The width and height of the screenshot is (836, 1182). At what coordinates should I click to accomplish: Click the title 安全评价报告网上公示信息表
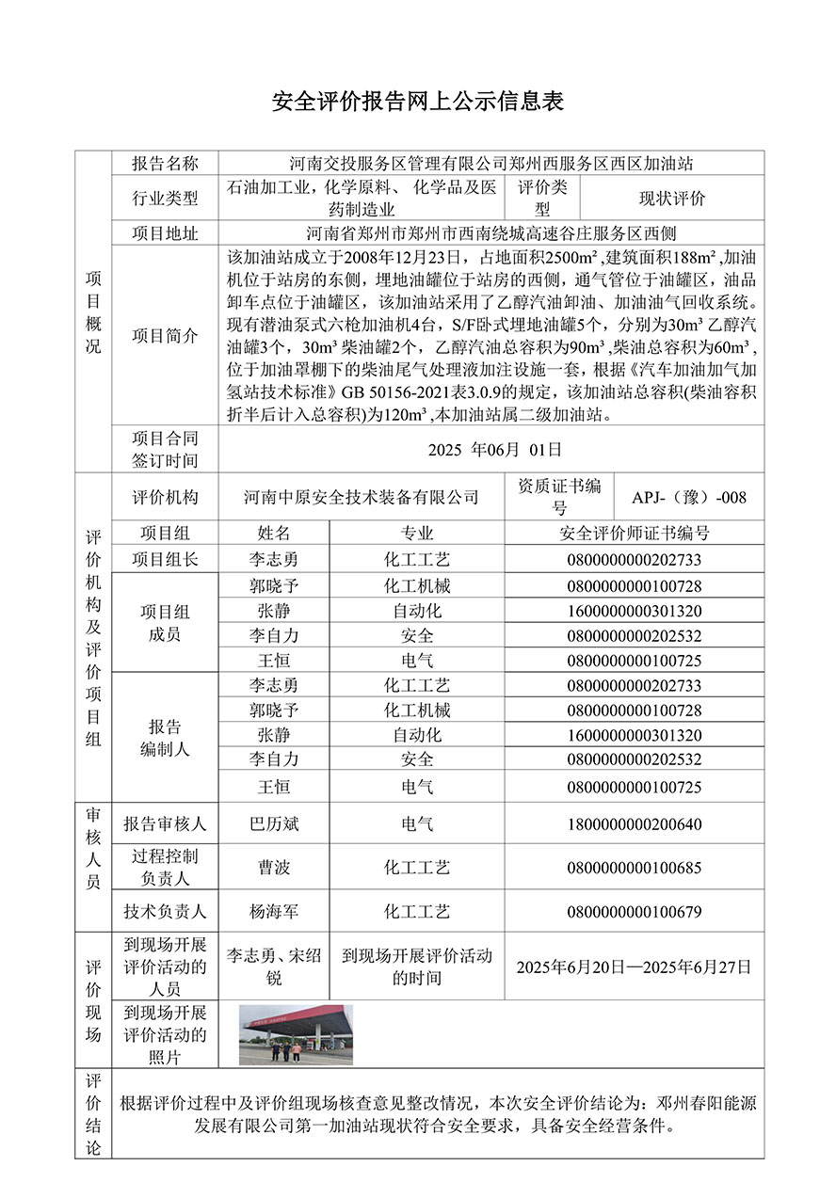(417, 102)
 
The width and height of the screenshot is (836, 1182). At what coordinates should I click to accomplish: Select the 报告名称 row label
(165, 164)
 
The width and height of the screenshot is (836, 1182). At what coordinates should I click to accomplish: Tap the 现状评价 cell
(672, 199)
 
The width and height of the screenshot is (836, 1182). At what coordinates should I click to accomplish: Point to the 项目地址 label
(165, 233)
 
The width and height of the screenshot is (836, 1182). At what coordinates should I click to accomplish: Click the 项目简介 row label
(165, 336)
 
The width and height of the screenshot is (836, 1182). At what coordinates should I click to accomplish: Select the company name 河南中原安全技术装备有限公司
(361, 497)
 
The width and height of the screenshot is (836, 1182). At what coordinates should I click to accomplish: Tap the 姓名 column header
(274, 533)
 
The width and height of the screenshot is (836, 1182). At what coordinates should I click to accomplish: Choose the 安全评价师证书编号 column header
(634, 533)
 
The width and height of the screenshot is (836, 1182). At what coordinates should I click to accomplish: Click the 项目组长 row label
(165, 559)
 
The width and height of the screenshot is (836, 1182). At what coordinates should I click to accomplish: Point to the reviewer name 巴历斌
(274, 824)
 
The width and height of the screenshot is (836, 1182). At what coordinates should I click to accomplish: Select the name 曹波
(274, 868)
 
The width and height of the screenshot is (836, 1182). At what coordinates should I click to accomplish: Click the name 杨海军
(274, 911)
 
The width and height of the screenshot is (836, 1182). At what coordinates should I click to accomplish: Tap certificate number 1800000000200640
(634, 824)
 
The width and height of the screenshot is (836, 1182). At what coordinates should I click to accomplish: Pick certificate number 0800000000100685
(634, 868)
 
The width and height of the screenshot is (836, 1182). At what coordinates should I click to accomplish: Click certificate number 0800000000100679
(634, 911)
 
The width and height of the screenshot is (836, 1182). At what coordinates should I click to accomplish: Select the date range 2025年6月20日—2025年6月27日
(634, 966)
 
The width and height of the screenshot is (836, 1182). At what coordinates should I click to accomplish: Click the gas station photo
(296, 1033)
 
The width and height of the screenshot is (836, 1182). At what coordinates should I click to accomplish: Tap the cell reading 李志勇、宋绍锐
(274, 966)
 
